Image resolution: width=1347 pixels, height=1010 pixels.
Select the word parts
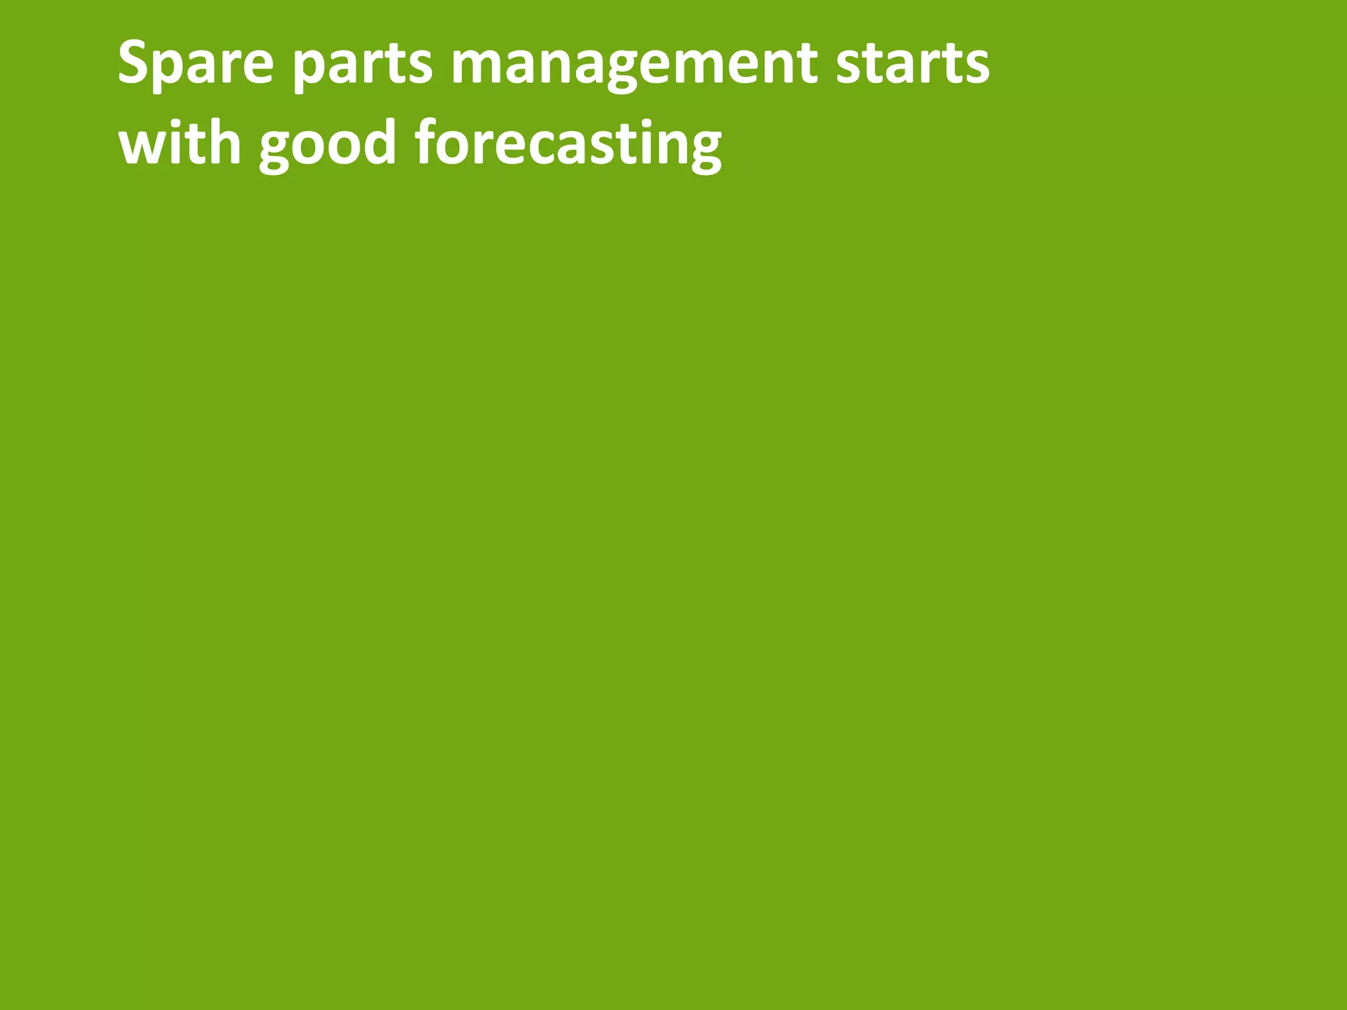click(362, 65)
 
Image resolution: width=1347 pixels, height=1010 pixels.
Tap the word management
click(634, 65)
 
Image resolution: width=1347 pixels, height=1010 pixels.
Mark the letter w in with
click(139, 148)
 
